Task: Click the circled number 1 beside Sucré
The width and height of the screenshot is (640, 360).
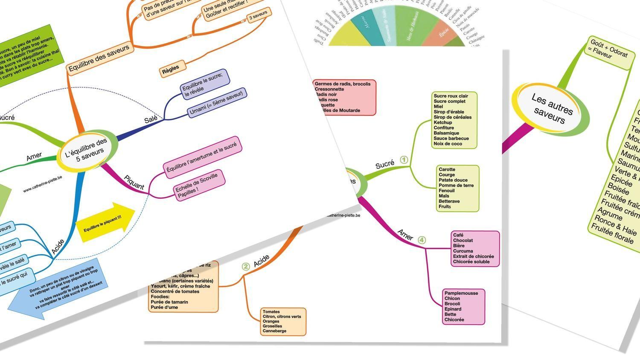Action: [x=404, y=160]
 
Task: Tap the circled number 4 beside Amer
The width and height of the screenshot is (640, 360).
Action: [x=422, y=240]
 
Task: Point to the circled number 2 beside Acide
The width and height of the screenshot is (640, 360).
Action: [x=246, y=267]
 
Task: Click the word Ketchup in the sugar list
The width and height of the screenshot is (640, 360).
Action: [x=443, y=122]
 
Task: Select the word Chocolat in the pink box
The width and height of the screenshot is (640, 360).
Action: [x=463, y=241]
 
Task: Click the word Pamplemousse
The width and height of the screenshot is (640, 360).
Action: [x=461, y=293]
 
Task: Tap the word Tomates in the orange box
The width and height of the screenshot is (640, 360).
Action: [x=271, y=312]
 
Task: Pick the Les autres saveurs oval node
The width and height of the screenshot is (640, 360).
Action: [x=551, y=108]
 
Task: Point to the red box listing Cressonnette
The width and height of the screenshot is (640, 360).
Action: [x=344, y=97]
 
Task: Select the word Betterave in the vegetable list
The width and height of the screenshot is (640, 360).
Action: [x=449, y=201]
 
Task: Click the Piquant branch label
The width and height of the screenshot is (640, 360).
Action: [x=134, y=183]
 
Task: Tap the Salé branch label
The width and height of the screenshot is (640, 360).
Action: [x=151, y=120]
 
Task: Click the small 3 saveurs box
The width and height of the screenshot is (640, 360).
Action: [x=258, y=16]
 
